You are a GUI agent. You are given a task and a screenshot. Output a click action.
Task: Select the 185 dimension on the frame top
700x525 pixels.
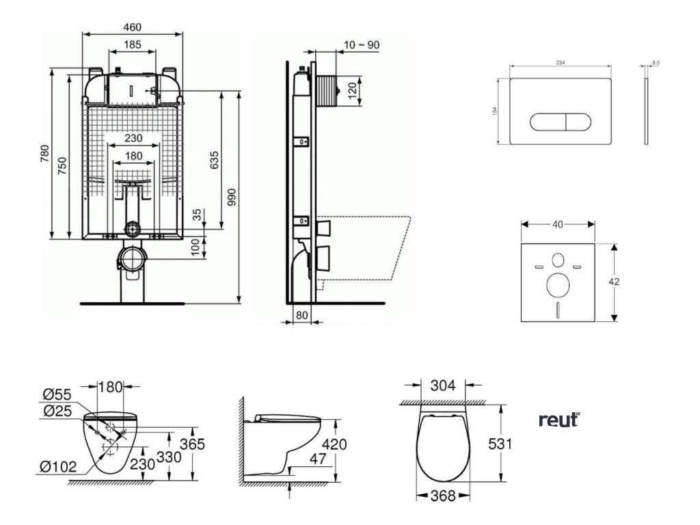tap(133, 45)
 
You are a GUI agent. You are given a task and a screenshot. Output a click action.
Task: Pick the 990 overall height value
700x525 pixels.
tap(232, 197)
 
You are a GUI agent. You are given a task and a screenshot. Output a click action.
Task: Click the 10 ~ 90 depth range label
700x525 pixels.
tap(362, 45)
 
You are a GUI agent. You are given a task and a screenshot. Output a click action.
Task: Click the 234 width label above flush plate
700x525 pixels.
tap(560, 62)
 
